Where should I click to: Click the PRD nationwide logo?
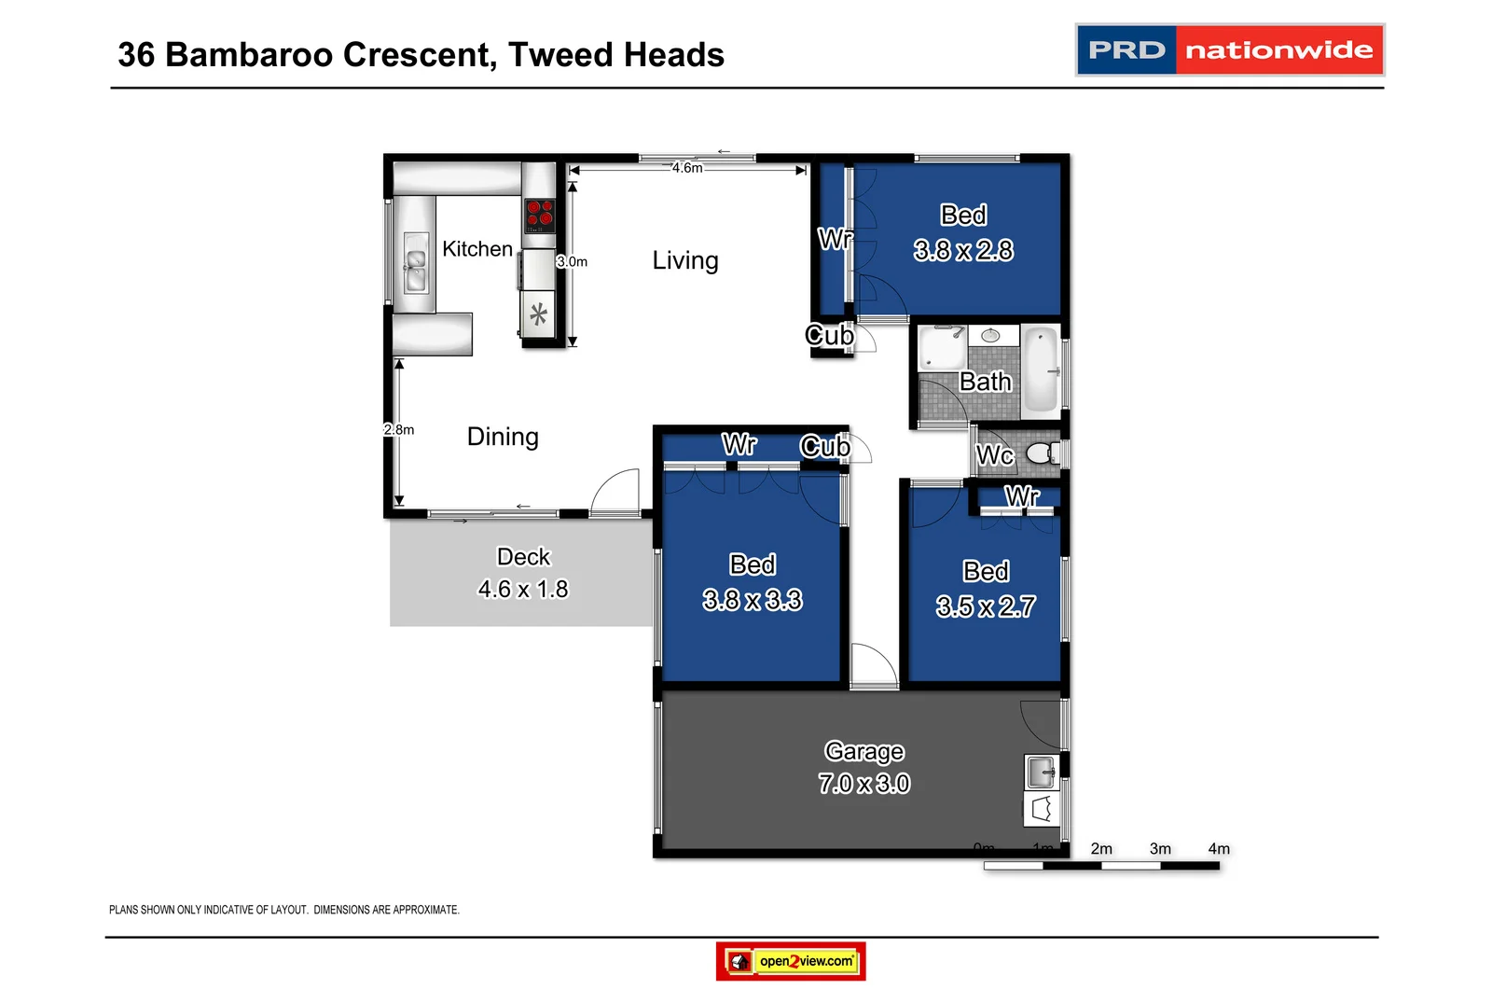pos(1229,49)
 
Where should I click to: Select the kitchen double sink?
pos(415,263)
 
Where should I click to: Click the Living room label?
pos(685,260)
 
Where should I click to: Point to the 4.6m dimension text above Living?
pos(687,168)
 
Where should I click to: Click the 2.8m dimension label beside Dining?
pos(399,429)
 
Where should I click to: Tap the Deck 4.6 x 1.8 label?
pos(523,573)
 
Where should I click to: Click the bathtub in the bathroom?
pos(1041,370)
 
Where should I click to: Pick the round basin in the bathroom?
pos(990,335)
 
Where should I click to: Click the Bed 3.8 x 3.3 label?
pos(753,582)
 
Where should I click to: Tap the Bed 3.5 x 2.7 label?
pos(986,589)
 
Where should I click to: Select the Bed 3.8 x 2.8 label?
pos(963,232)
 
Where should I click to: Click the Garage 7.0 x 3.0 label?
pos(864,767)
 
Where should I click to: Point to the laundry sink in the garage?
pos(1041,773)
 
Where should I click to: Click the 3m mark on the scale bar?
pos(1160,849)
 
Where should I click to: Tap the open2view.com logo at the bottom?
pos(791,961)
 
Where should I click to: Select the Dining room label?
pos(503,437)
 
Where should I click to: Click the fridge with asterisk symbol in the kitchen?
pos(538,314)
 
